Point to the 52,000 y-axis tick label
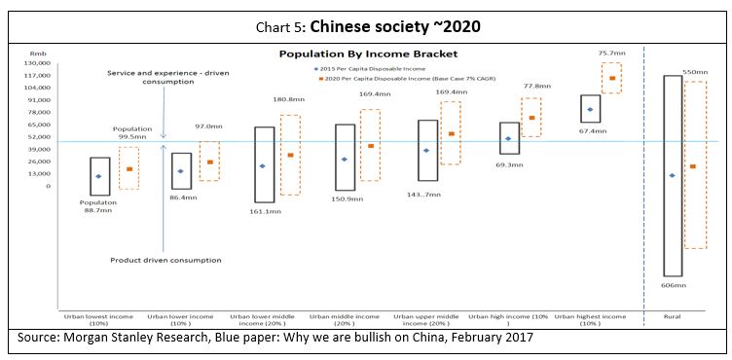tap(37, 137)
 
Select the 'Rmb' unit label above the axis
tap(38, 54)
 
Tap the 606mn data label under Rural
tap(673, 285)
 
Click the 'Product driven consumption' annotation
tap(165, 260)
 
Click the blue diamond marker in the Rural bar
tap(672, 175)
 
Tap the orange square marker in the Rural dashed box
tap(692, 166)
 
